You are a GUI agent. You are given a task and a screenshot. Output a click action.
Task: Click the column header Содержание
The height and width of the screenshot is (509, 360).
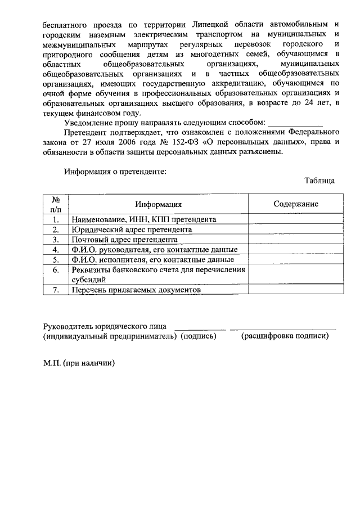click(x=296, y=204)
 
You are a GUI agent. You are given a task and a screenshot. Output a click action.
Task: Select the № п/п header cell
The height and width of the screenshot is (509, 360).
click(x=56, y=204)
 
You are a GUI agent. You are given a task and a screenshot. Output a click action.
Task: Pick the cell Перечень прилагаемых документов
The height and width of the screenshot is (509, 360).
click(x=136, y=290)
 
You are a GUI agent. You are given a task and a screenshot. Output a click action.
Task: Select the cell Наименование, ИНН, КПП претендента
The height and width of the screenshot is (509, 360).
click(x=143, y=219)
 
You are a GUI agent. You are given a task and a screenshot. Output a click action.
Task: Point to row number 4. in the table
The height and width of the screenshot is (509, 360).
click(x=56, y=250)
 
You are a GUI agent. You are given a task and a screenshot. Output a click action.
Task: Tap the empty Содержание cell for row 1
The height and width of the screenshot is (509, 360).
click(x=296, y=219)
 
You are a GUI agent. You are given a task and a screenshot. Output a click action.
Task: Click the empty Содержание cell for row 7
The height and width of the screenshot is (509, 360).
click(x=296, y=290)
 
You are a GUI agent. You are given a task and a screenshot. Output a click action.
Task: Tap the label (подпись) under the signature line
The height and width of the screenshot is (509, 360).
click(x=199, y=336)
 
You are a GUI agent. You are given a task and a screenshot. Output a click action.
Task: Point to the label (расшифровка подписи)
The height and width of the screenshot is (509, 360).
click(x=285, y=336)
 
